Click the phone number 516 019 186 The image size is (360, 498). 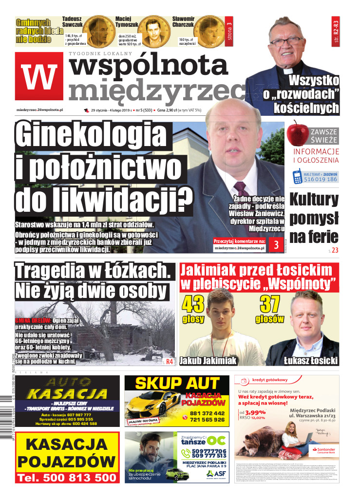[320, 179]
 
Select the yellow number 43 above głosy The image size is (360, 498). [193, 305]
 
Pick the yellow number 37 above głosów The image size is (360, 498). [269, 305]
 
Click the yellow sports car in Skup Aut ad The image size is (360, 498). [151, 403]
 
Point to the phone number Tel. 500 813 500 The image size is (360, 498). [67, 478]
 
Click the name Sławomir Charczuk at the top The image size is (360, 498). [183, 22]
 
